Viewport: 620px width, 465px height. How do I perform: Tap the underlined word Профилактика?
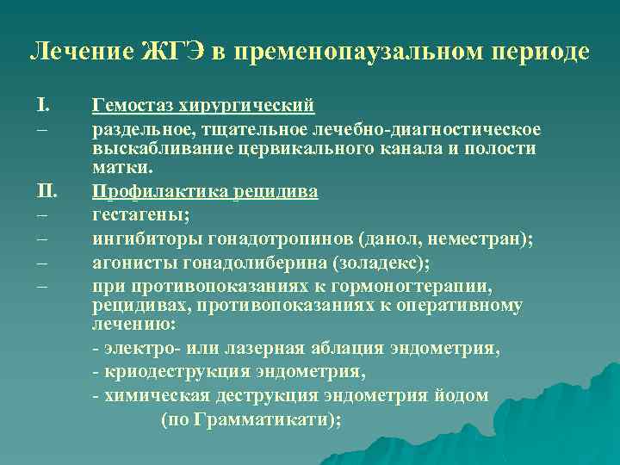152,190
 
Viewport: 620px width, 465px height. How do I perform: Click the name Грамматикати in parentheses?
263,419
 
